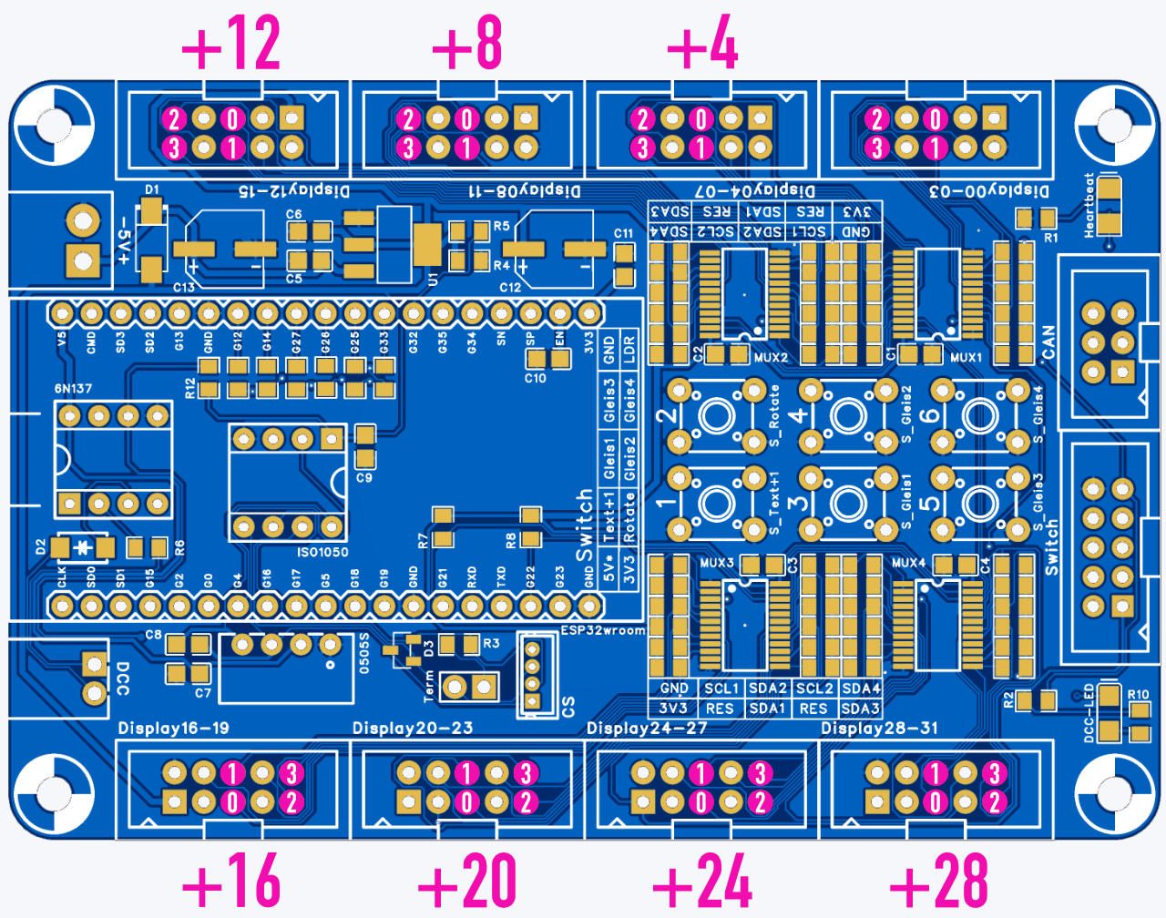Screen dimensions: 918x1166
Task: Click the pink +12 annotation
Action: (x=231, y=44)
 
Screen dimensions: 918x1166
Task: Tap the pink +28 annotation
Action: (x=938, y=882)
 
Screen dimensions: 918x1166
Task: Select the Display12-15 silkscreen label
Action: (x=293, y=191)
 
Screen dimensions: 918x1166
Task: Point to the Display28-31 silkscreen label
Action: (x=879, y=728)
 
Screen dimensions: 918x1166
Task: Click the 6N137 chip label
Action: (x=73, y=389)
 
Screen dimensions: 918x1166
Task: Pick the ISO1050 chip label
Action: (x=322, y=552)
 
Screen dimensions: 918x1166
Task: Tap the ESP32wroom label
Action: (x=602, y=630)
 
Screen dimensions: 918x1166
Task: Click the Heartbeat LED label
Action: (x=1089, y=206)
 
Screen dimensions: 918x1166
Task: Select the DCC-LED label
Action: (x=1089, y=713)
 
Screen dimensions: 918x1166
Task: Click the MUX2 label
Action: (x=771, y=358)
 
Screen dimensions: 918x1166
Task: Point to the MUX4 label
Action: (x=908, y=563)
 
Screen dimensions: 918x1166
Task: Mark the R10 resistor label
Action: (x=1139, y=695)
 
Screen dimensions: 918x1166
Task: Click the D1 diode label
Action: (x=151, y=190)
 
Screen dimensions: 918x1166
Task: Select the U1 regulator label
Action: (x=433, y=279)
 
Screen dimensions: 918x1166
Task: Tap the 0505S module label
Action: (x=364, y=652)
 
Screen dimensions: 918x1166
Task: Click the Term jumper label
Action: (x=429, y=685)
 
